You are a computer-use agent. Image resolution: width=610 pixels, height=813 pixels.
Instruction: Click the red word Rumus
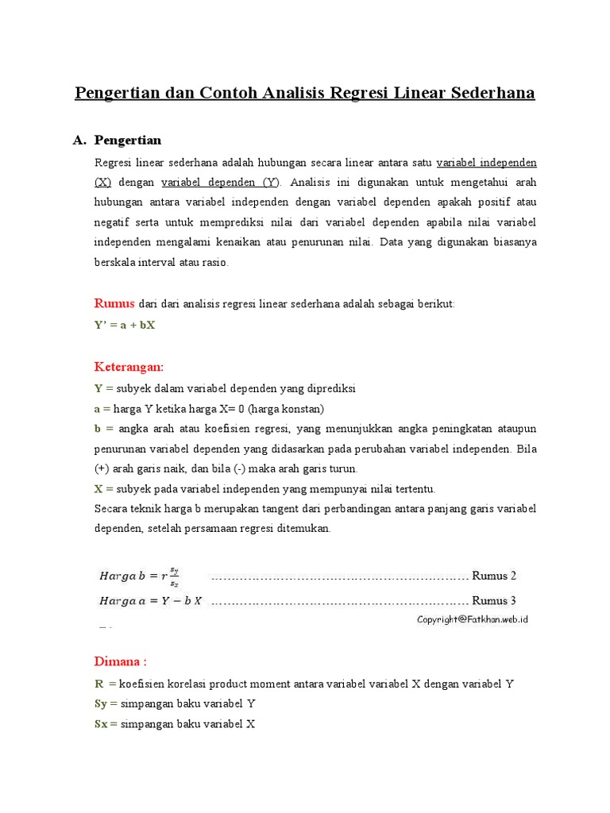point(114,303)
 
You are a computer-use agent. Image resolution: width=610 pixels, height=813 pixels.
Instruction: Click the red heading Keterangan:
point(129,367)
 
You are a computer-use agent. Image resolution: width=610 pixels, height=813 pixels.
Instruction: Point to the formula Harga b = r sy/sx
point(139,576)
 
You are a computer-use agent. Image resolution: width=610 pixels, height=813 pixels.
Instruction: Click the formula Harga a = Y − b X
point(150,601)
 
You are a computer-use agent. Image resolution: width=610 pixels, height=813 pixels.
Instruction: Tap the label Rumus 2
point(494,576)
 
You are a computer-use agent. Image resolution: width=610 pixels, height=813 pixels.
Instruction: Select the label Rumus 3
point(494,601)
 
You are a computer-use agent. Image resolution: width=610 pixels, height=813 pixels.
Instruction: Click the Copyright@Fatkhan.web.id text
point(473,619)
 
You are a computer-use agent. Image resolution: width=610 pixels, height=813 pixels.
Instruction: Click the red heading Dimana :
point(121,661)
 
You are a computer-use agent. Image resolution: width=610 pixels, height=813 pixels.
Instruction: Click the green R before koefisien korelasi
point(99,684)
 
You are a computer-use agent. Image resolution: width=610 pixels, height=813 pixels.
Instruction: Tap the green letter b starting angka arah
point(98,430)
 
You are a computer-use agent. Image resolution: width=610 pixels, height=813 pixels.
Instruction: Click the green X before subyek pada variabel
point(98,489)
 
